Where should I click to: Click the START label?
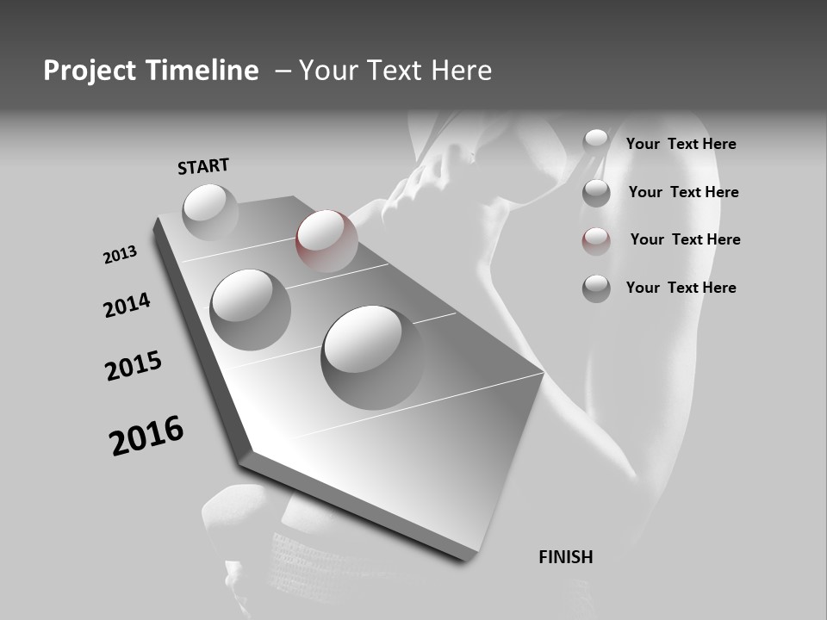(203, 166)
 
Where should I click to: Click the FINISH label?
(565, 557)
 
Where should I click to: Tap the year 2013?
(120, 255)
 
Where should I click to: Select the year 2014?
(127, 305)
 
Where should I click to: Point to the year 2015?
(134, 366)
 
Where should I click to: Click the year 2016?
(146, 435)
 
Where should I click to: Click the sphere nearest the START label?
(210, 212)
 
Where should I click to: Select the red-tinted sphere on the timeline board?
(326, 240)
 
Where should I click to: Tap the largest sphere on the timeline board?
(372, 356)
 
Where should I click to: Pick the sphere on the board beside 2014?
(251, 309)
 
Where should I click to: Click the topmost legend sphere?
(596, 142)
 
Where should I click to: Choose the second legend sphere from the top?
(596, 193)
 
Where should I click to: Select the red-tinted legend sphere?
(596, 241)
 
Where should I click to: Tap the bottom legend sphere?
(596, 288)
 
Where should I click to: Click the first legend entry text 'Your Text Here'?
(681, 144)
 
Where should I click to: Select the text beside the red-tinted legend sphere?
(685, 239)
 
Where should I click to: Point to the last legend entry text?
(681, 288)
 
